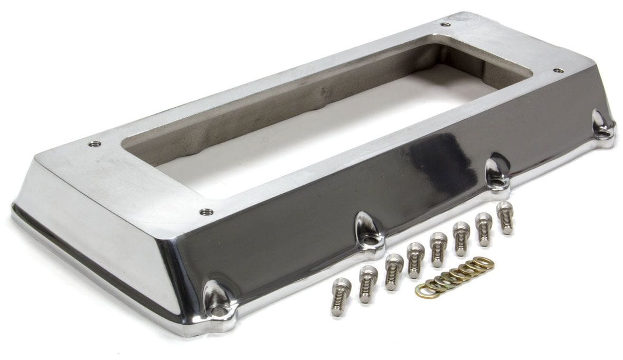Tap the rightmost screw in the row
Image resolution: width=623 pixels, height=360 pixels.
click(505, 217)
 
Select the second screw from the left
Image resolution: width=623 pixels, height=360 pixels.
click(366, 284)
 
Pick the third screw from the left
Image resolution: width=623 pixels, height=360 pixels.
click(392, 271)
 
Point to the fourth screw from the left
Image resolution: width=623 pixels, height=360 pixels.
click(415, 260)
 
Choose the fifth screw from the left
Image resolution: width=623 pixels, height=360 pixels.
click(438, 249)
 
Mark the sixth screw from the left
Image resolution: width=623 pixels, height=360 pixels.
click(460, 239)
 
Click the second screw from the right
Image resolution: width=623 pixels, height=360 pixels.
click(483, 228)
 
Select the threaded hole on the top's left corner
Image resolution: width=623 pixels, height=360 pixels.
click(94, 144)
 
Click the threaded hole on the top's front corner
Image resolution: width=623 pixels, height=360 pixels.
click(206, 212)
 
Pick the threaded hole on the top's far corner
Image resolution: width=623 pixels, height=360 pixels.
click(446, 24)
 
